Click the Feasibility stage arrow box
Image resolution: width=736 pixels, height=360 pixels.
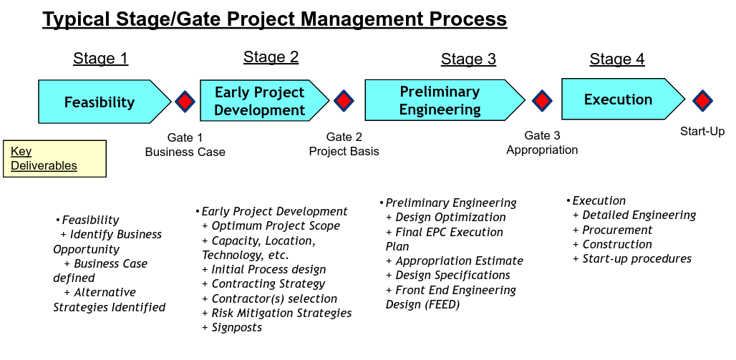click(105, 102)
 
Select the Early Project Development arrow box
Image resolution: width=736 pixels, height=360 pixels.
click(264, 100)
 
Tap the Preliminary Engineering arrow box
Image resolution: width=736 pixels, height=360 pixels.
click(445, 100)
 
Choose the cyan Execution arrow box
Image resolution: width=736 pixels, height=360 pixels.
click(623, 99)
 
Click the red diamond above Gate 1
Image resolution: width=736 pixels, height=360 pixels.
click(185, 102)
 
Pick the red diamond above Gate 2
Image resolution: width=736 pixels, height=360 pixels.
click(344, 100)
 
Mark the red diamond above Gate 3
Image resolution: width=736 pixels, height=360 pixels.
click(542, 100)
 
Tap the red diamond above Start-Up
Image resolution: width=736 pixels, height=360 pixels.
click(702, 100)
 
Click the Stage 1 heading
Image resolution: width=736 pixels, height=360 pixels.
click(100, 59)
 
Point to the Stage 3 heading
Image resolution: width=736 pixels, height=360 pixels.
click(468, 59)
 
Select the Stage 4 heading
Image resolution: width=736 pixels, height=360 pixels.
click(617, 59)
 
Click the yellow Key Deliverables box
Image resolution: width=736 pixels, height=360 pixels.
click(54, 159)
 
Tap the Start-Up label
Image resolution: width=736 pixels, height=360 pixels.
click(702, 132)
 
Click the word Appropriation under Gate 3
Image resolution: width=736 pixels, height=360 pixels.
click(542, 150)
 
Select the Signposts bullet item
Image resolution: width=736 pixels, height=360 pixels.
click(232, 327)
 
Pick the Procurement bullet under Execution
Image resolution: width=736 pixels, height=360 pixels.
click(613, 230)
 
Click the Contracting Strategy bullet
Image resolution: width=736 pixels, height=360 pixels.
click(263, 284)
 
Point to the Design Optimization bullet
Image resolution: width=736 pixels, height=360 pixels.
click(446, 218)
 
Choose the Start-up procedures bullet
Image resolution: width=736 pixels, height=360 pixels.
click(632, 258)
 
